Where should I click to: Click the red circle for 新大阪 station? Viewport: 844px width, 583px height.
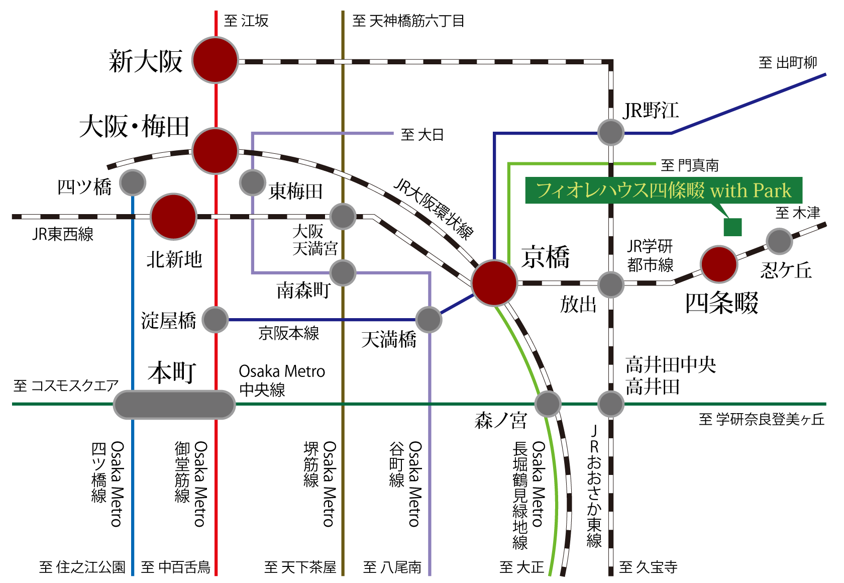216,60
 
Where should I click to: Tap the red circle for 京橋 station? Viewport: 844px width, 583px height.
494,283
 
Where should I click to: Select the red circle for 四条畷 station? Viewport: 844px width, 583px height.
718,264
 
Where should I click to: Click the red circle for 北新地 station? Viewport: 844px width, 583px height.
173,217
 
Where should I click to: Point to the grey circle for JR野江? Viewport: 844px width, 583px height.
611,133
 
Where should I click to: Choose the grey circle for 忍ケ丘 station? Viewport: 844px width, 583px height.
779,241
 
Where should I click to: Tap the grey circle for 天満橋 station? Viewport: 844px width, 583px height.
429,320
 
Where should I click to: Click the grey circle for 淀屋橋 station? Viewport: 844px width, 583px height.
215,320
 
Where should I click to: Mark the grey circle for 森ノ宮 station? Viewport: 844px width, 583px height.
548,404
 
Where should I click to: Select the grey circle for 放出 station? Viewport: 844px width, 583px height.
611,284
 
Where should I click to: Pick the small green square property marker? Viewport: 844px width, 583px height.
732,227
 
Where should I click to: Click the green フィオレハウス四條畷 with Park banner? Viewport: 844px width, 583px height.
663,190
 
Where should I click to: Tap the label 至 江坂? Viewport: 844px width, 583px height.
246,21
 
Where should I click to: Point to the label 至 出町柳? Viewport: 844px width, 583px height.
788,63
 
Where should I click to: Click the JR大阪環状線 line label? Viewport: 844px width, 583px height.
434,208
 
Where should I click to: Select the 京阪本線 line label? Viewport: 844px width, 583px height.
289,333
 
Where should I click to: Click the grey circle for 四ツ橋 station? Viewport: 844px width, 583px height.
133,183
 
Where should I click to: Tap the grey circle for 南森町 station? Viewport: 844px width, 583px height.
343,273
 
